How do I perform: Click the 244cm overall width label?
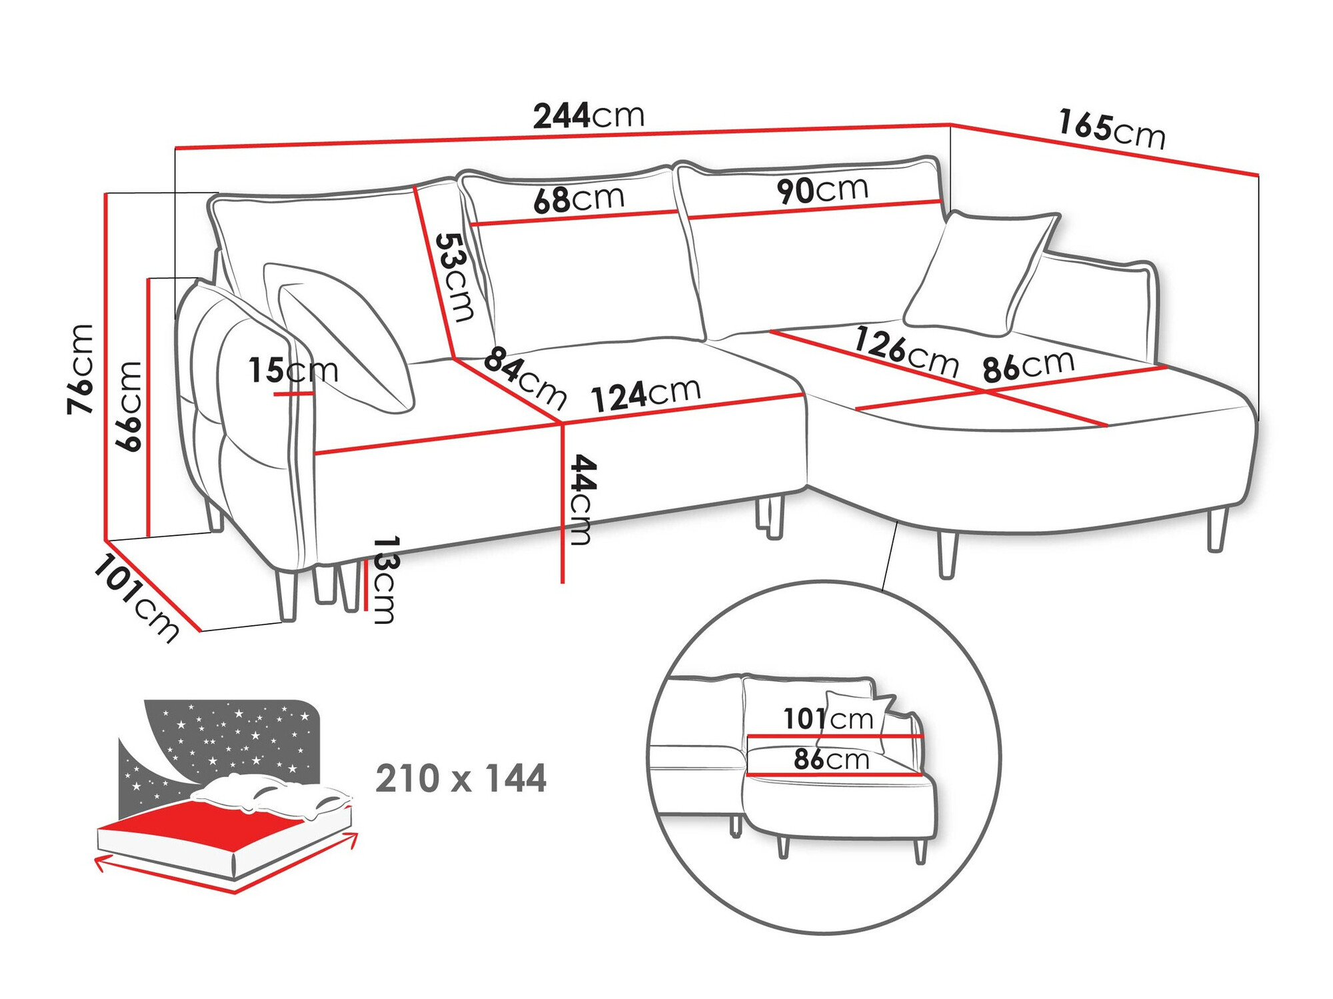pyautogui.click(x=589, y=116)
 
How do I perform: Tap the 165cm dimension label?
pyautogui.click(x=1111, y=130)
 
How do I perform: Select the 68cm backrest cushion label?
pyautogui.click(x=579, y=199)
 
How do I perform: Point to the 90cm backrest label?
pyautogui.click(x=822, y=190)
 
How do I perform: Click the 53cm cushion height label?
pyautogui.click(x=456, y=277)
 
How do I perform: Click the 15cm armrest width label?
pyautogui.click(x=293, y=370)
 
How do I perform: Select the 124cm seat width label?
pyautogui.click(x=645, y=395)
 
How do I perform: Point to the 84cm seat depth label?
pyautogui.click(x=525, y=377)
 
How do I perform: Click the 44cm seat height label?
pyautogui.click(x=581, y=500)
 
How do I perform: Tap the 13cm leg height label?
pyautogui.click(x=385, y=579)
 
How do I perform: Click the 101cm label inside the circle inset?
pyautogui.click(x=827, y=719)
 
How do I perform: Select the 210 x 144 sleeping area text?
pyautogui.click(x=461, y=778)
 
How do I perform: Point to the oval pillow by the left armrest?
pyautogui.click(x=347, y=340)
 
